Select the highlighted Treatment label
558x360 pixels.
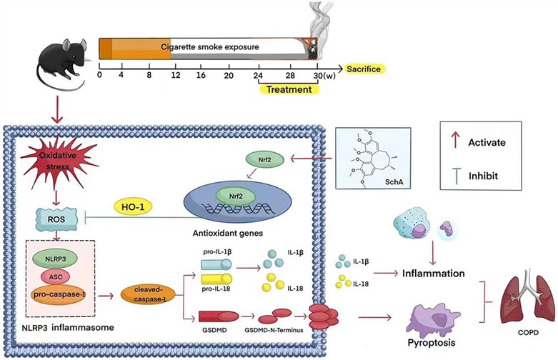288,89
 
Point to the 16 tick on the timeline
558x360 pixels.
201,75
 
